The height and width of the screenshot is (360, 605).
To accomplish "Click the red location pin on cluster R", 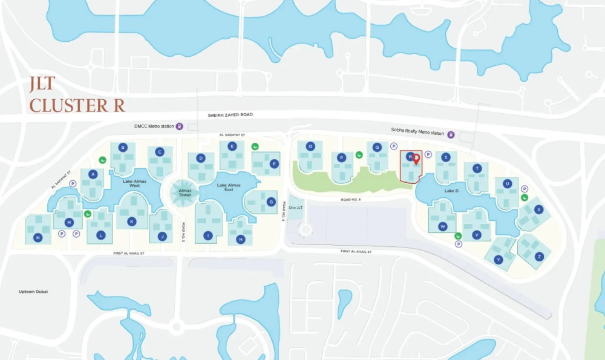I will click(416, 159).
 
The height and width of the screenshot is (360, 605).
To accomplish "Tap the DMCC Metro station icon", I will click(180, 126).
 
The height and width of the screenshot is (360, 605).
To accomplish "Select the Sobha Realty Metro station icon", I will click(450, 134).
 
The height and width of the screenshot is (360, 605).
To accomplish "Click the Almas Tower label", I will click(185, 192).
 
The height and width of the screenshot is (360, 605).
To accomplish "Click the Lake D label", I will click(451, 191).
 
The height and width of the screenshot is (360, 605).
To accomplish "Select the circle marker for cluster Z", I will click(538, 257).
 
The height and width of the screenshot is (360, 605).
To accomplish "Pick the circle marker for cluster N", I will click(38, 238).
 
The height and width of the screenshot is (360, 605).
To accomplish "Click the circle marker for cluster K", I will click(131, 221).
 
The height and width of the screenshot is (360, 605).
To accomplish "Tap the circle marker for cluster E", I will click(232, 146).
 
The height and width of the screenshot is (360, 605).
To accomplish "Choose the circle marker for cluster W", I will click(443, 227).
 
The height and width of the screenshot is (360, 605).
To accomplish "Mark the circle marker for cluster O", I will click(310, 146).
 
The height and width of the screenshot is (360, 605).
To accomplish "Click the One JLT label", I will click(296, 208).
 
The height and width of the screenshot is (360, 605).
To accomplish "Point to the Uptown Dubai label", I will click(33, 292).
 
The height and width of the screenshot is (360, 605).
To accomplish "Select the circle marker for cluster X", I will click(538, 209).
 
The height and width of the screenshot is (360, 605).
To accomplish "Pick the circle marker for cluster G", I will click(271, 202).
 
